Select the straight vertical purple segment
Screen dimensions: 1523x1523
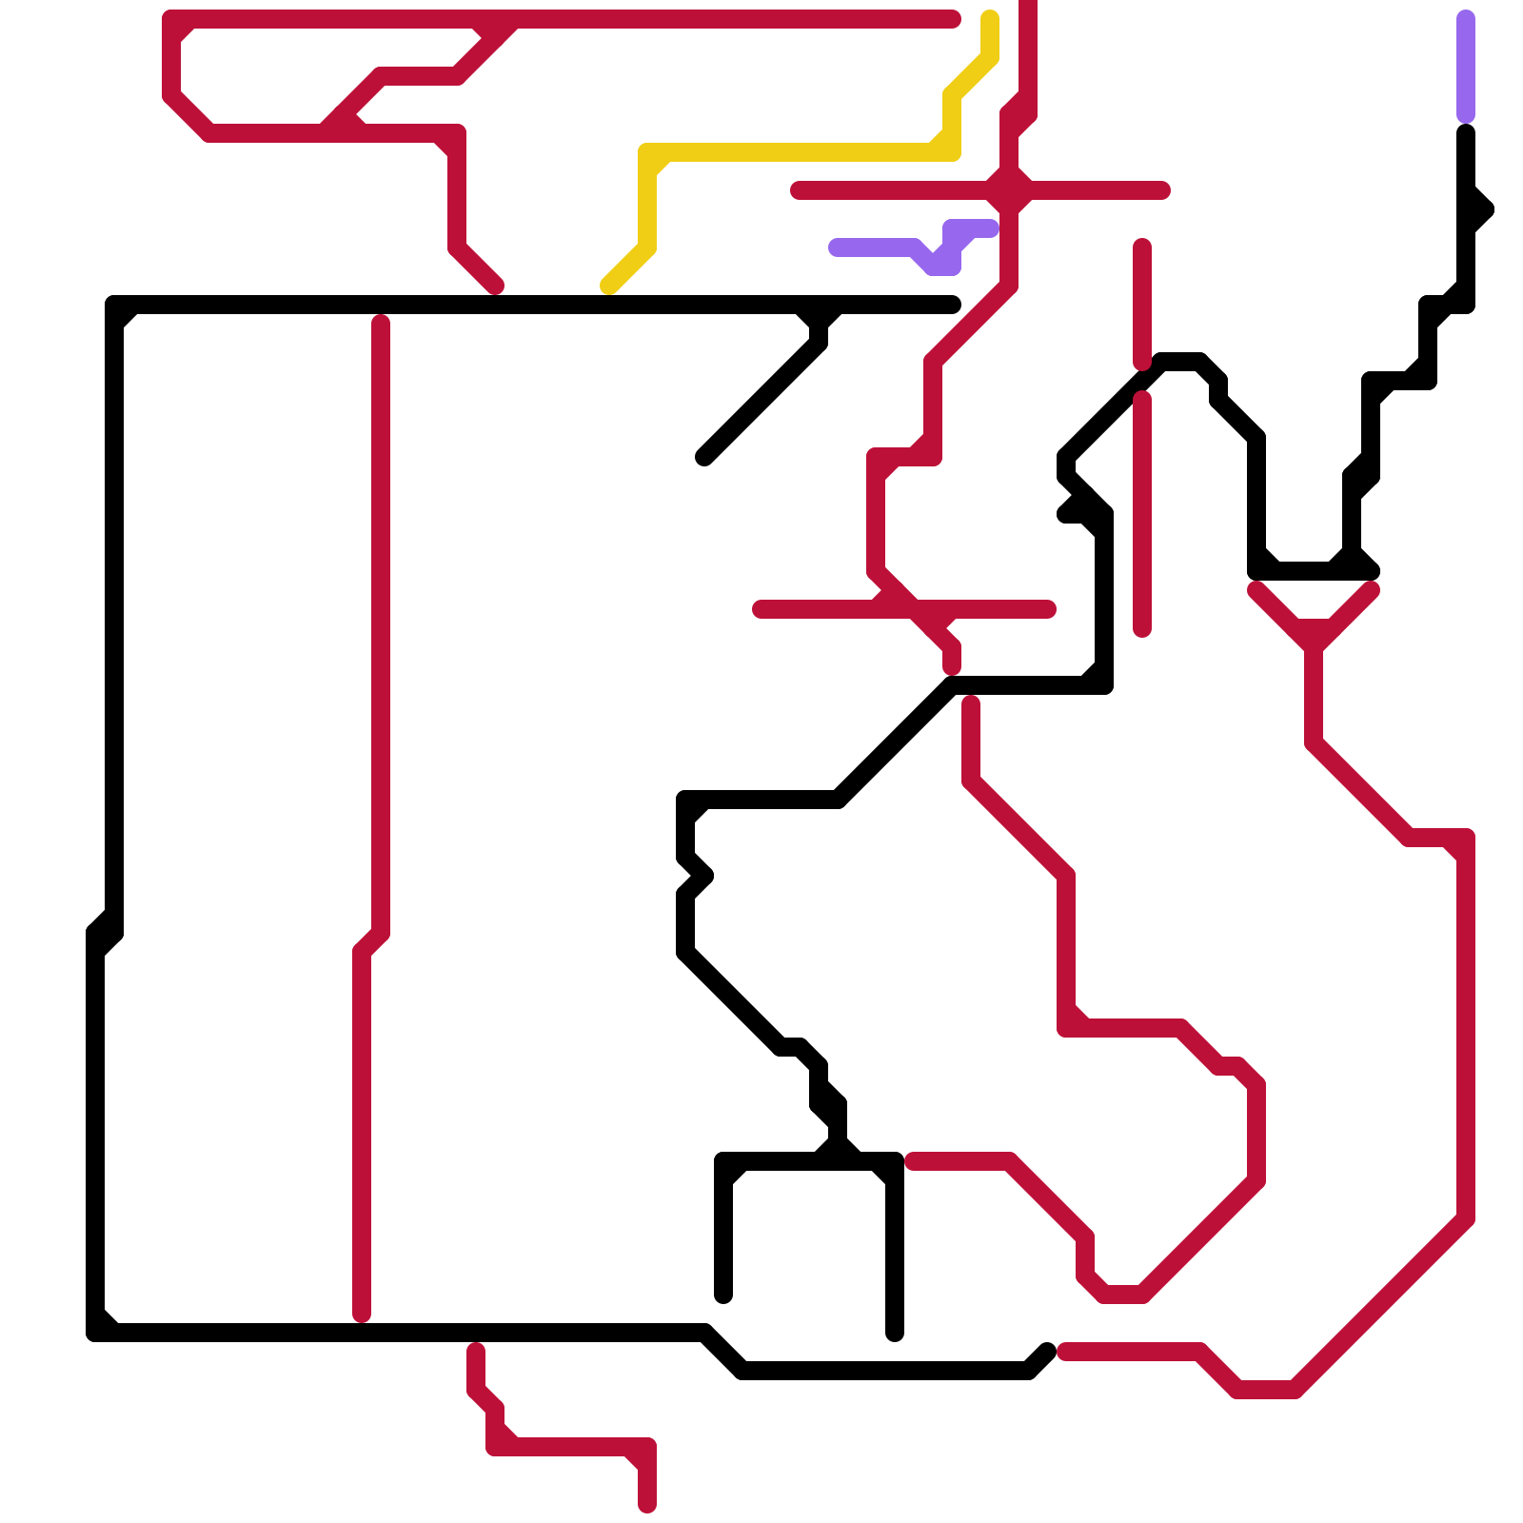click(1466, 67)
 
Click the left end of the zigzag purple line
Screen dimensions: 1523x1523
click(836, 247)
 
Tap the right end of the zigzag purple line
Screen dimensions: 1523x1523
click(991, 228)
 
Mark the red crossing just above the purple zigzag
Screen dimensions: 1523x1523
click(1009, 190)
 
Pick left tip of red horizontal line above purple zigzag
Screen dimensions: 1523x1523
click(798, 190)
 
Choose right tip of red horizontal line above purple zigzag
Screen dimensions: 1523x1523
click(1162, 190)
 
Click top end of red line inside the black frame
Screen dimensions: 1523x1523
click(381, 322)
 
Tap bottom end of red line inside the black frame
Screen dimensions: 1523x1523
click(362, 1315)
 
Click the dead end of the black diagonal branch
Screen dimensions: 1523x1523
click(704, 458)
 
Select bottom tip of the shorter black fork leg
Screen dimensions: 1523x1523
click(723, 1296)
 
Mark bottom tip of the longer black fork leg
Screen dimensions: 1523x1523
click(895, 1334)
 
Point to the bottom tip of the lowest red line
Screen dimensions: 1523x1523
click(647, 1505)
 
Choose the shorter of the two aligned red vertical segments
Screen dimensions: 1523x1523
click(1142, 305)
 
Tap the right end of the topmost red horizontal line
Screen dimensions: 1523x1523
click(954, 19)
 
